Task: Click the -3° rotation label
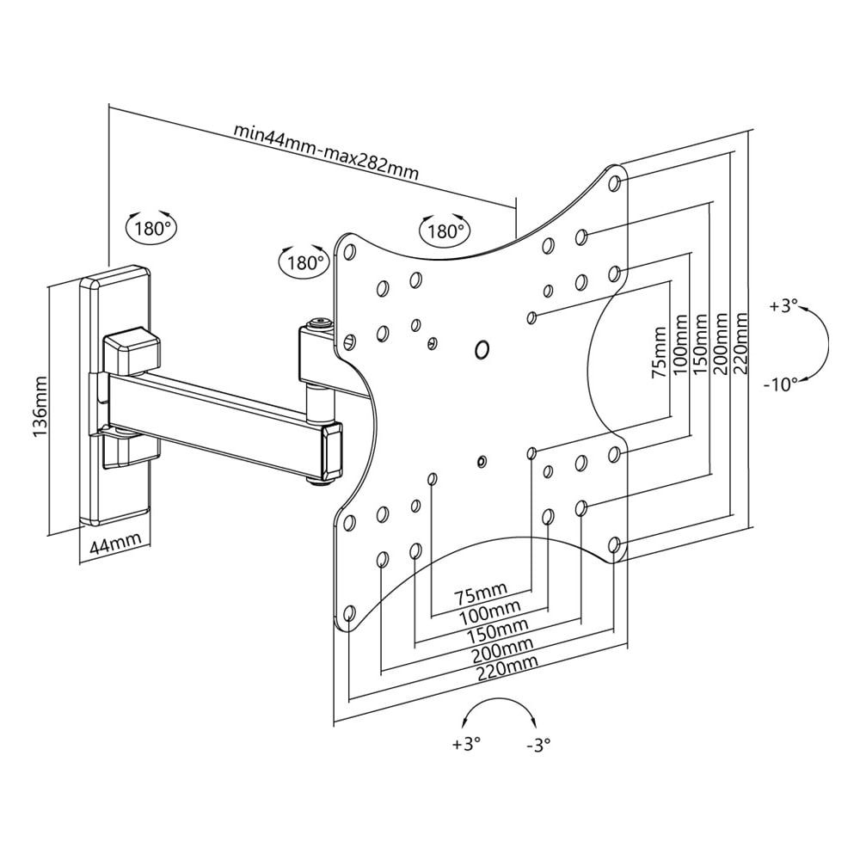(x=537, y=745)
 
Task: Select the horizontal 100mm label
(x=484, y=611)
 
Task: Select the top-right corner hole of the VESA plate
(x=615, y=182)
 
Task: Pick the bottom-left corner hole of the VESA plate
(x=348, y=614)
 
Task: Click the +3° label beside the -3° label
(x=464, y=745)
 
